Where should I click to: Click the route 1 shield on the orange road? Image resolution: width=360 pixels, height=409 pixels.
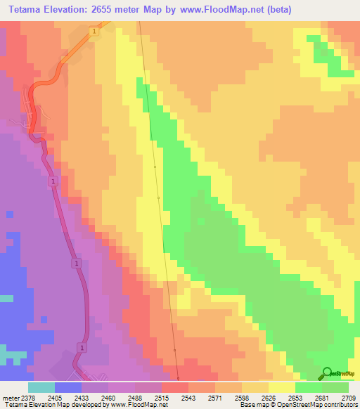pos(93,32)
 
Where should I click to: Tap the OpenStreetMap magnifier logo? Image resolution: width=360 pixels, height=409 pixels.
pos(327,372)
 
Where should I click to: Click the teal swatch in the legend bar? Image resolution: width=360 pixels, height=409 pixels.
pos(41,387)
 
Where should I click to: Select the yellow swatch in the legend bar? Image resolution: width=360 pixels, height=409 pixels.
pos(282,387)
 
